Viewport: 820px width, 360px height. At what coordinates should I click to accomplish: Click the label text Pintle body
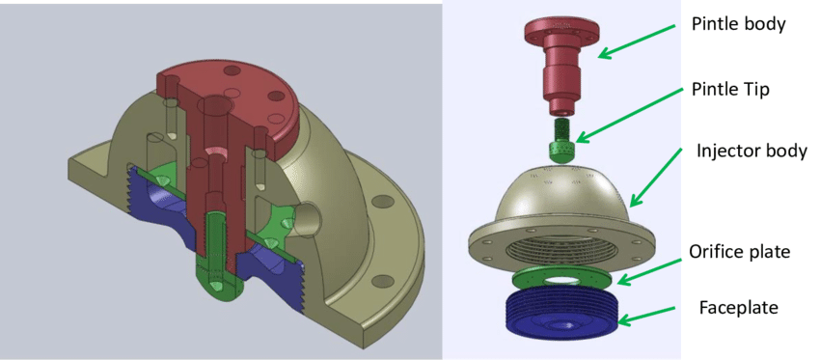pyautogui.click(x=738, y=24)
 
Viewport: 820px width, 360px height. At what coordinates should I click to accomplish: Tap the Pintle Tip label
pyautogui.click(x=730, y=90)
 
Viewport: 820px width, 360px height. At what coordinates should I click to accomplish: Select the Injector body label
pyautogui.click(x=752, y=151)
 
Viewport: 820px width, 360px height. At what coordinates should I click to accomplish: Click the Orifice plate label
pyautogui.click(x=740, y=252)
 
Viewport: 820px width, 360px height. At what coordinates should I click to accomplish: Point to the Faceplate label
pyautogui.click(x=738, y=307)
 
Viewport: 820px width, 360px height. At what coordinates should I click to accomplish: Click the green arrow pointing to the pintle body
pyautogui.click(x=636, y=42)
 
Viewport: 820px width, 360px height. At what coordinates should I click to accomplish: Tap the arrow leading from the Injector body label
pyautogui.click(x=656, y=177)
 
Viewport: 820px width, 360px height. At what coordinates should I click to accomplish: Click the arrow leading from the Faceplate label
pyautogui.click(x=645, y=313)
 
